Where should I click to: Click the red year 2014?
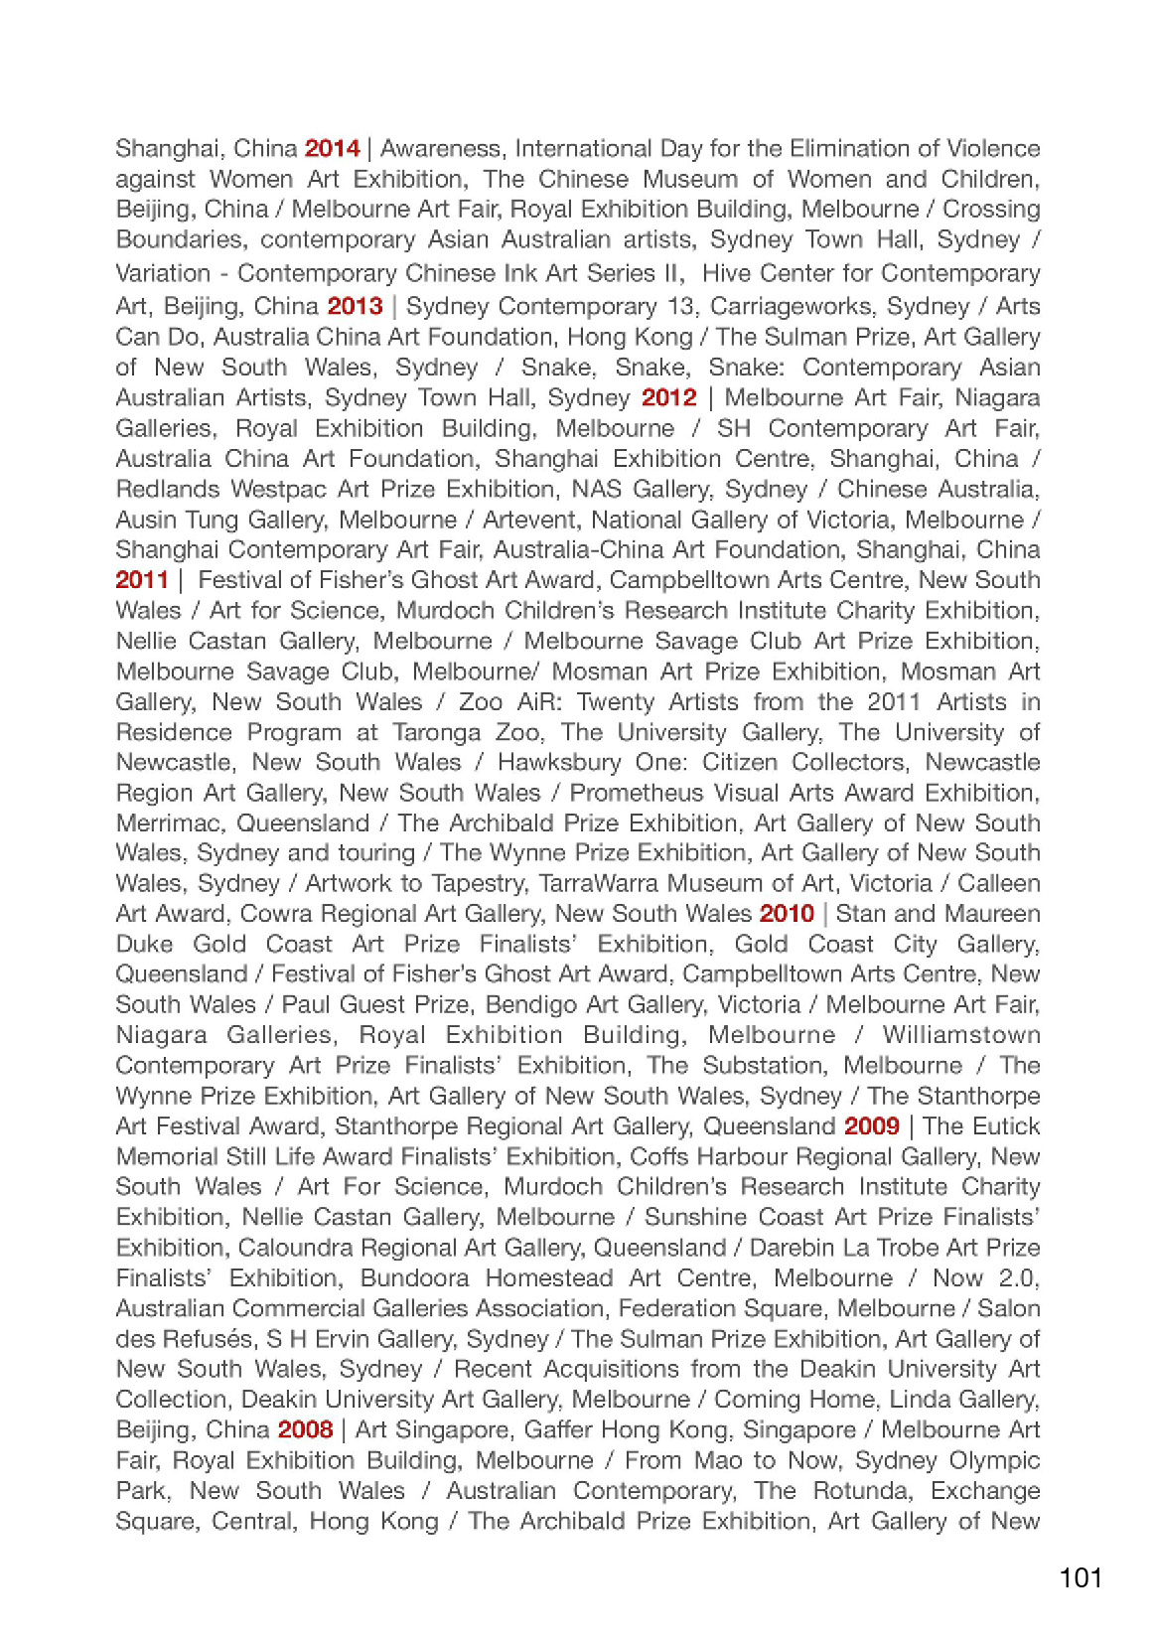pyautogui.click(x=332, y=149)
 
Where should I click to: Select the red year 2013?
pyautogui.click(x=355, y=306)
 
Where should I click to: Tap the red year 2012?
pyautogui.click(x=668, y=397)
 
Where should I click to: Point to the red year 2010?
pyautogui.click(x=786, y=914)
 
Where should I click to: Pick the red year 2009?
pyautogui.click(x=871, y=1126)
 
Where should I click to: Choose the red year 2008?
pyautogui.click(x=305, y=1429)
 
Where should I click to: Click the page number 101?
pyautogui.click(x=1080, y=1577)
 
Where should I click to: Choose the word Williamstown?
pyautogui.click(x=960, y=1035)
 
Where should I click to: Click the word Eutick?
pyautogui.click(x=1006, y=1126)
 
